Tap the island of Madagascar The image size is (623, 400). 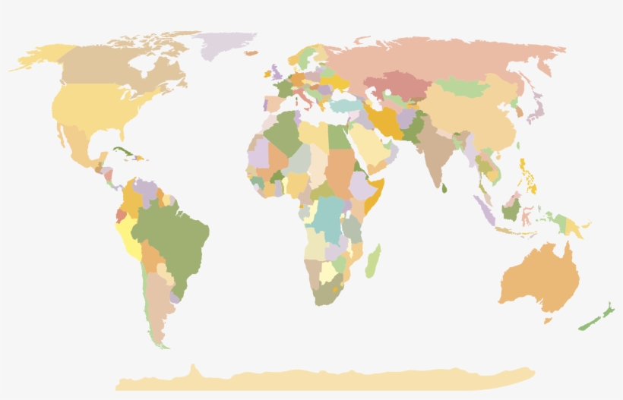372,260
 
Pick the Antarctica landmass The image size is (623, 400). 327,378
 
